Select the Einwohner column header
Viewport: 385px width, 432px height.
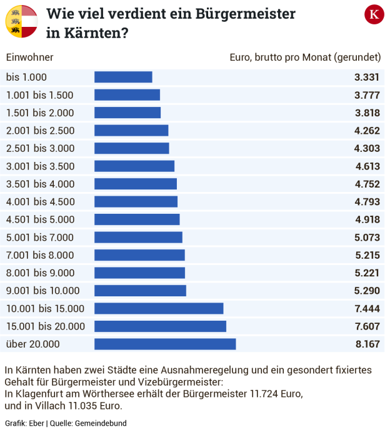click(x=29, y=58)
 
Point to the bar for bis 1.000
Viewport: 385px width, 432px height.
click(x=123, y=77)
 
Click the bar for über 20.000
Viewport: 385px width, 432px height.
click(x=165, y=344)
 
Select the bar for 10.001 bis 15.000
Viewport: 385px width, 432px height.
click(x=159, y=308)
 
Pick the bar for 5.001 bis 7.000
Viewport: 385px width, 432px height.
click(x=138, y=237)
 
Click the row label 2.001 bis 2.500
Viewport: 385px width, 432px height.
click(x=40, y=131)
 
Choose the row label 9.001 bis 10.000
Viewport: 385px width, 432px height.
click(x=43, y=291)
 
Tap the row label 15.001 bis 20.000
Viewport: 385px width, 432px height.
click(x=46, y=326)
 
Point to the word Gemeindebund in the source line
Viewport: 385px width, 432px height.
click(x=101, y=423)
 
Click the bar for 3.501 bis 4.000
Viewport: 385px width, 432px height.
click(x=136, y=184)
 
